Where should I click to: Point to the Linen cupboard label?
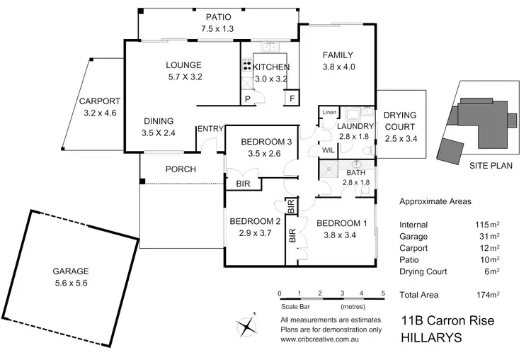(x=329, y=113)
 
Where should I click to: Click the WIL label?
(x=329, y=150)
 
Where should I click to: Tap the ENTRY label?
(x=210, y=128)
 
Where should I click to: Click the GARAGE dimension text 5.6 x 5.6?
(x=69, y=283)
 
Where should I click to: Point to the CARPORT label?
(x=100, y=101)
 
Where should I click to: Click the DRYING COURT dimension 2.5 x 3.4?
(x=400, y=138)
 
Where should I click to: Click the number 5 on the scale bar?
(x=382, y=293)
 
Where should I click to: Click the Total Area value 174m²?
(x=488, y=294)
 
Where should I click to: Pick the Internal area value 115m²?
(x=488, y=225)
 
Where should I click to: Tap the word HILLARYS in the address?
(x=431, y=338)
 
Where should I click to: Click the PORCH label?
(x=181, y=169)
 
